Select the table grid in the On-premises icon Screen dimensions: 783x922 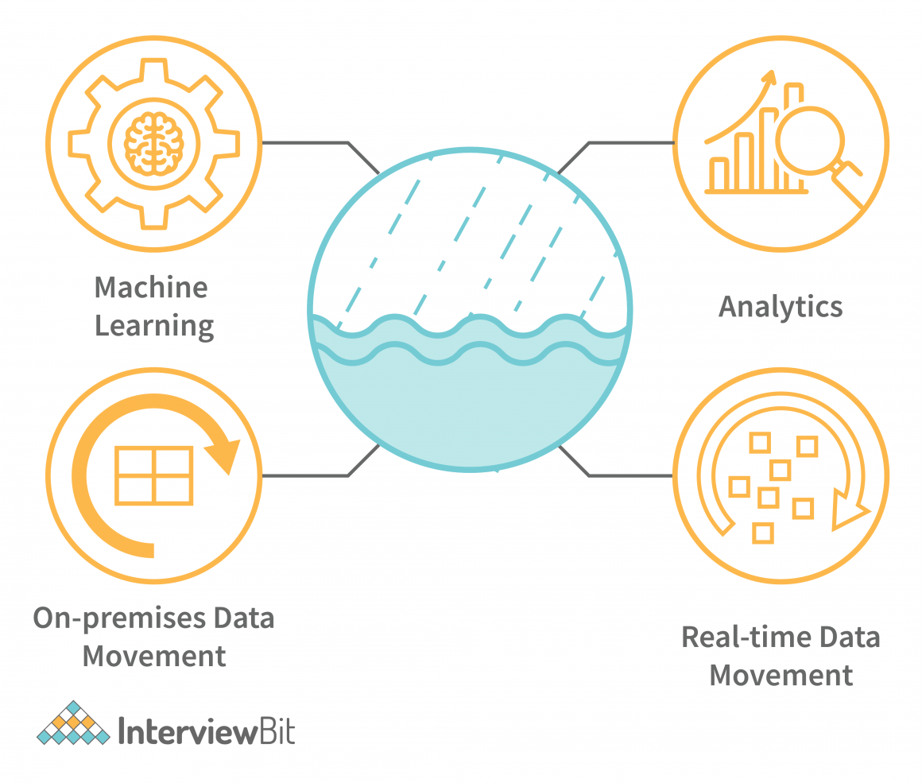(154, 475)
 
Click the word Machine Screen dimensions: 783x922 (151, 287)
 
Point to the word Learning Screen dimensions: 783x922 (154, 325)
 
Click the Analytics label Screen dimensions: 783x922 (781, 307)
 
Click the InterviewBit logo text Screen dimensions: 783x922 (206, 731)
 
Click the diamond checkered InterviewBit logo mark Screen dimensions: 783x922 (73, 724)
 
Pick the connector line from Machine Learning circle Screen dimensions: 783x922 (318, 143)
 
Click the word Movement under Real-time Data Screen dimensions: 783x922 (781, 676)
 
